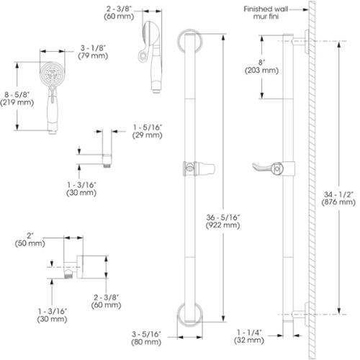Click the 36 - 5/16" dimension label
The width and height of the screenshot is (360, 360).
pyautogui.click(x=223, y=217)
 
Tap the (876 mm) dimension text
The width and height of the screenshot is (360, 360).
pyautogui.click(x=338, y=202)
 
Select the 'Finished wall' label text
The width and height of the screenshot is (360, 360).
pyautogui.click(x=266, y=9)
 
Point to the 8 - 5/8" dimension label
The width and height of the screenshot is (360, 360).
pyautogui.click(x=17, y=94)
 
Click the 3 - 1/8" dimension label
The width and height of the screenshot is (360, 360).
pyautogui.click(x=93, y=48)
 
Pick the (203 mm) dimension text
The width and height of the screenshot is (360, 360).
pyautogui.click(x=261, y=71)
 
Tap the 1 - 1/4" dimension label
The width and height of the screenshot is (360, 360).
pyautogui.click(x=249, y=333)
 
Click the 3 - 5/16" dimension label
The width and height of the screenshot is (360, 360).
pyautogui.click(x=146, y=334)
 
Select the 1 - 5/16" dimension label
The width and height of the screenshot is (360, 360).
pyautogui.click(x=148, y=127)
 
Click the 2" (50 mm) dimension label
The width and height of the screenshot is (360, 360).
pyautogui.click(x=30, y=239)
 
